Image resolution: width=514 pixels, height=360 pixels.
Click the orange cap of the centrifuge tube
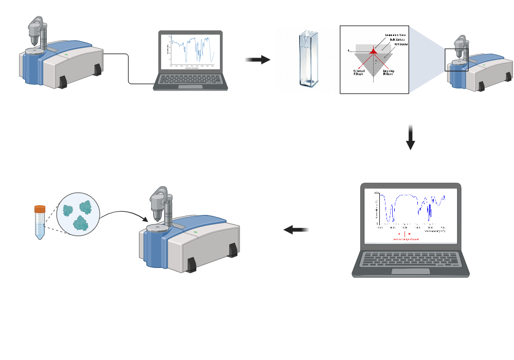pyautogui.click(x=40, y=209)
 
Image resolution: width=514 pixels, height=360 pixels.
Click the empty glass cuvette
pyautogui.click(x=308, y=59)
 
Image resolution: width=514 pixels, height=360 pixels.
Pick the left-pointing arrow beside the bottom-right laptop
pyautogui.click(x=297, y=230)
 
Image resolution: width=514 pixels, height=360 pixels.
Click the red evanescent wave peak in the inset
pyautogui.click(x=374, y=49)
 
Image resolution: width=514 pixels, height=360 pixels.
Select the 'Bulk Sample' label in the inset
pyautogui.click(x=396, y=40)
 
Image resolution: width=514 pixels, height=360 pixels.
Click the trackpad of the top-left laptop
pyautogui.click(x=190, y=86)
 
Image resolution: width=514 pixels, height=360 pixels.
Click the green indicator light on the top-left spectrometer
pyautogui.click(x=66, y=54)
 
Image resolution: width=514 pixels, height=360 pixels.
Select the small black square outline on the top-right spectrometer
pyautogui.click(x=456, y=60)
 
